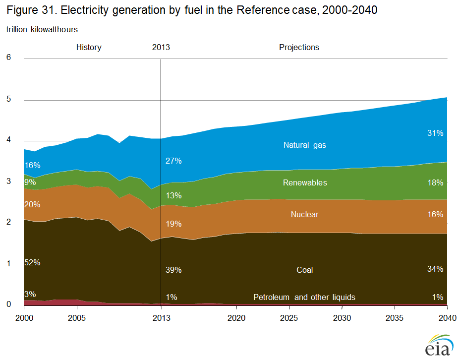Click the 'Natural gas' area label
click(x=305, y=145)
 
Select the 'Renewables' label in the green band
click(x=305, y=182)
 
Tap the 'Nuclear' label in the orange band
click(x=305, y=215)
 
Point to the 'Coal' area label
click(x=305, y=270)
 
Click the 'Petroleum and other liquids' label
click(x=304, y=298)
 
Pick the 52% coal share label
click(x=32, y=262)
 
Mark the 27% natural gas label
click(x=174, y=161)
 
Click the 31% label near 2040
click(x=435, y=133)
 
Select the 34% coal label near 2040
click(x=435, y=269)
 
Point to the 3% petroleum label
click(x=30, y=294)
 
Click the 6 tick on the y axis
click(x=8, y=58)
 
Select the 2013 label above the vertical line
click(x=161, y=48)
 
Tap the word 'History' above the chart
click(x=89, y=48)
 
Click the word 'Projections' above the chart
click(x=299, y=48)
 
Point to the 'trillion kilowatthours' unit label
click(x=42, y=30)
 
